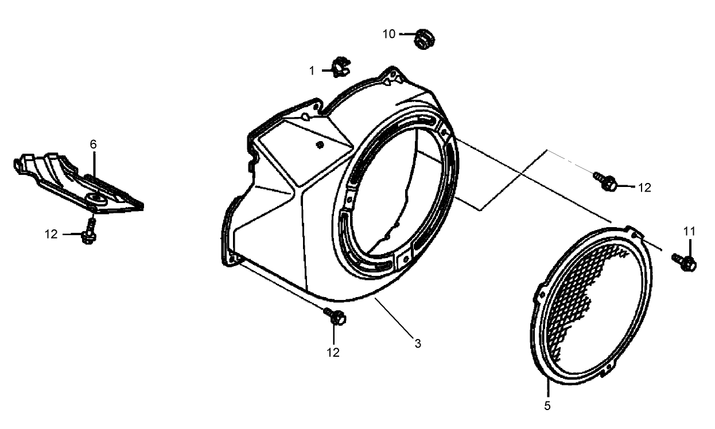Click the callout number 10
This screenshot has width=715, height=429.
pos(389,34)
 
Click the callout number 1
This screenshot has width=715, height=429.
pos(312,71)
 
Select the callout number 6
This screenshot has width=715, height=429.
pos(93,144)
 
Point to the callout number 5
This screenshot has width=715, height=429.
pos(547,405)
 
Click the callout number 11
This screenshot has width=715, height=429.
pos(689,231)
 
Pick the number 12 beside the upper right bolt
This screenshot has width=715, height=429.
pos(644,187)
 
